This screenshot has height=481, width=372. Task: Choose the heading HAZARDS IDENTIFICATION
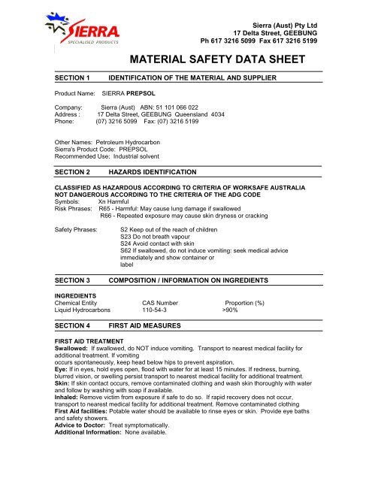(x=153, y=172)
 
